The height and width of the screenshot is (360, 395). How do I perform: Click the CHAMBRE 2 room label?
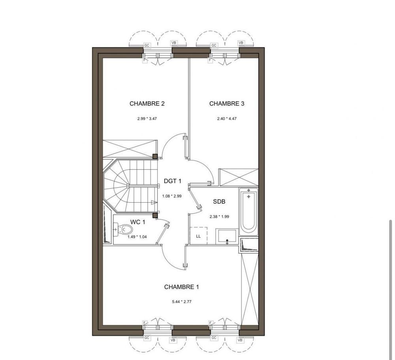point(147,104)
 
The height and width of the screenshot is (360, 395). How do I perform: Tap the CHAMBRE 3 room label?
point(227,104)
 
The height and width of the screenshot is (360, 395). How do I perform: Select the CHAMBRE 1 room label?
point(181,287)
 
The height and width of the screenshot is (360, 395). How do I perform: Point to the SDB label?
point(219,202)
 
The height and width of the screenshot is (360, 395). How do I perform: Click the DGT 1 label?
point(172,181)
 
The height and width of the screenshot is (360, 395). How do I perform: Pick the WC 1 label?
point(138,222)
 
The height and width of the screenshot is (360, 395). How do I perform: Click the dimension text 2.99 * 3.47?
point(147,119)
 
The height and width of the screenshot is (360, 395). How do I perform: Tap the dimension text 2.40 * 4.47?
point(227,119)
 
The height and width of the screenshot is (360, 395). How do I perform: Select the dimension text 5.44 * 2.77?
point(181,302)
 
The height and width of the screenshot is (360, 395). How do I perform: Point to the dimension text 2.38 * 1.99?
point(219,216)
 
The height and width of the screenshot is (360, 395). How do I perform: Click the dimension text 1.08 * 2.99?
point(172,196)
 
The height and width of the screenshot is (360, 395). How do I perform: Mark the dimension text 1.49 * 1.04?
point(137,237)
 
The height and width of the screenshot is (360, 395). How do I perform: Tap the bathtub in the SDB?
point(248,211)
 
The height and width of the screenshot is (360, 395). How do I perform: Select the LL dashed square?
point(198,236)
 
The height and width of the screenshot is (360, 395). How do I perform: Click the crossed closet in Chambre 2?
point(130,149)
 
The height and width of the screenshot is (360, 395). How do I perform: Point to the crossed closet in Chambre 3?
point(238,177)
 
